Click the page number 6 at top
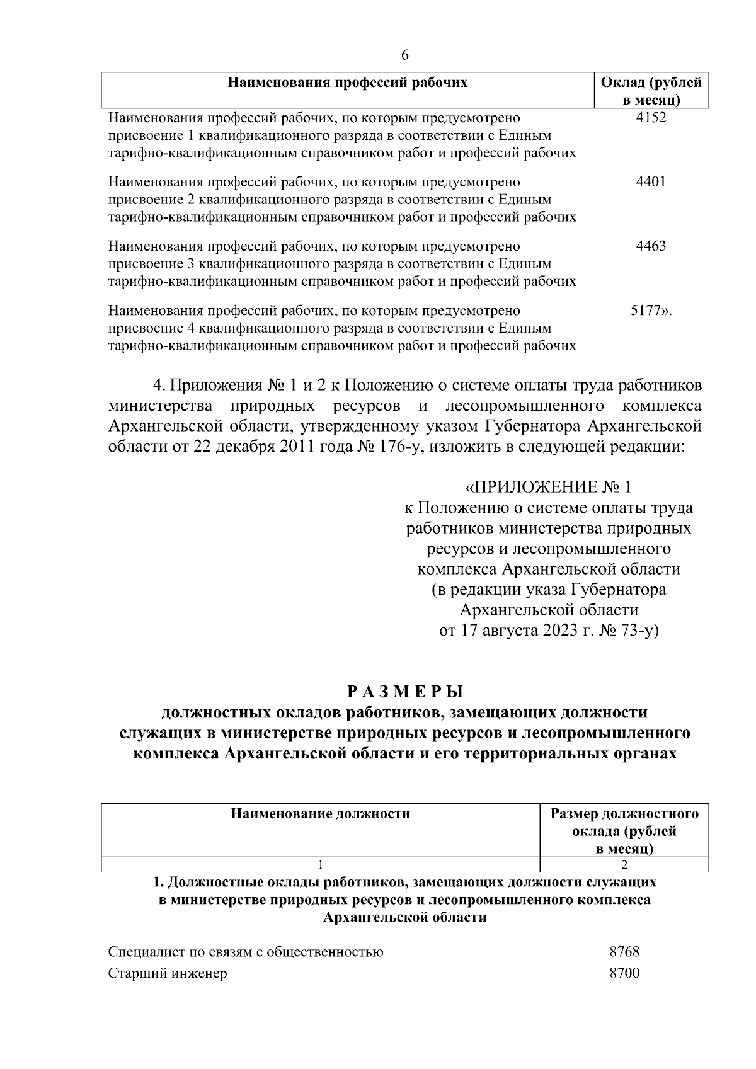[404, 55]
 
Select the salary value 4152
[651, 117]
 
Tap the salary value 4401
[651, 182]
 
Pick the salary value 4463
[651, 246]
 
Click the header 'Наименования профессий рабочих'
[347, 83]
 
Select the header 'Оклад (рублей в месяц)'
[651, 91]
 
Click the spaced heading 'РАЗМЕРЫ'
[404, 692]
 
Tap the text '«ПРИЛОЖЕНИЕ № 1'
[547, 487]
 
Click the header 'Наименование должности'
[320, 814]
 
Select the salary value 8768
[624, 952]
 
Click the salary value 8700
[624, 973]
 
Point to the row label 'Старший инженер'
[168, 973]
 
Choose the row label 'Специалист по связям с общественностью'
[246, 952]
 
